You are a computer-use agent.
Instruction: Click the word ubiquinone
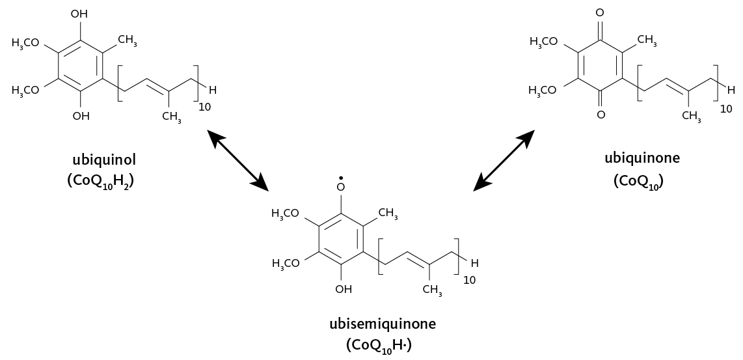(x=642, y=158)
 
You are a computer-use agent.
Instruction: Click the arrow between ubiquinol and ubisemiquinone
(x=237, y=160)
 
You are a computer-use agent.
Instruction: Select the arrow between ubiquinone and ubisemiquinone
(x=504, y=160)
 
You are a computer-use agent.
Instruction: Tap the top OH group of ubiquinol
(x=80, y=13)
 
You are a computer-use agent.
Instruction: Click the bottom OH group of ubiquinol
(x=81, y=116)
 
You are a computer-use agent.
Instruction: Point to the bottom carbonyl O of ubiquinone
(x=600, y=115)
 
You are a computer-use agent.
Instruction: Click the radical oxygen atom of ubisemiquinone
(x=340, y=187)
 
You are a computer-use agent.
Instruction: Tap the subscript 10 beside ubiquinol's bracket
(x=205, y=106)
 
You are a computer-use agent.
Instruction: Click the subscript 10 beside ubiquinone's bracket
(x=726, y=109)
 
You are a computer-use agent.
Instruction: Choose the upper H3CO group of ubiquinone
(x=544, y=42)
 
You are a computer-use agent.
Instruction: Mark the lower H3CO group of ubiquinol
(x=25, y=90)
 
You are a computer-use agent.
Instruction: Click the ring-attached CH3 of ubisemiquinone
(x=388, y=212)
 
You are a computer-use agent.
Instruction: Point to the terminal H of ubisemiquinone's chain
(x=474, y=264)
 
